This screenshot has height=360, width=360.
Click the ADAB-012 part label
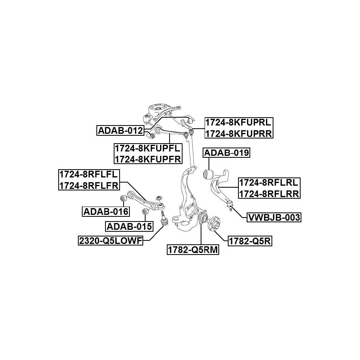coord(120,131)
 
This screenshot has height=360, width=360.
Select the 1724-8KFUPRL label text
coord(238,122)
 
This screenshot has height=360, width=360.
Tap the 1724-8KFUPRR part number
coord(239,133)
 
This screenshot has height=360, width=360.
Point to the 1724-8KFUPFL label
coord(148,148)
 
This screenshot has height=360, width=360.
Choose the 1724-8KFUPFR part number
coord(148,159)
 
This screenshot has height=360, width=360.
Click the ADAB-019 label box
coord(226,153)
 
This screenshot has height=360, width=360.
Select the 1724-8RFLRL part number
coord(269,183)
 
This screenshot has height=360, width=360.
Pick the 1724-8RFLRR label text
coord(269,194)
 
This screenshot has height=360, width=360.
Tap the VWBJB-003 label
coord(274,217)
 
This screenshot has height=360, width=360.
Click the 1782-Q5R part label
coord(250,241)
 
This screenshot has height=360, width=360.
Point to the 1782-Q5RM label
coord(193,250)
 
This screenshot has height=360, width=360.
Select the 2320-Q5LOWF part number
coord(111,241)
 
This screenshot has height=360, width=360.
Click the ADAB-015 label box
coord(129,227)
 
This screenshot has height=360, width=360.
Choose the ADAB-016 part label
coord(106,211)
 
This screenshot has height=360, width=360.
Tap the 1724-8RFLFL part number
coord(89,174)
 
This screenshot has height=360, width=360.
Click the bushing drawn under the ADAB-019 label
coord(209,174)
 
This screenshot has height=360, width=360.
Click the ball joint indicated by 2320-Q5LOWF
coord(164,219)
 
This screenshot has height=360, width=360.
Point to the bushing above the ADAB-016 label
coord(124,198)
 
